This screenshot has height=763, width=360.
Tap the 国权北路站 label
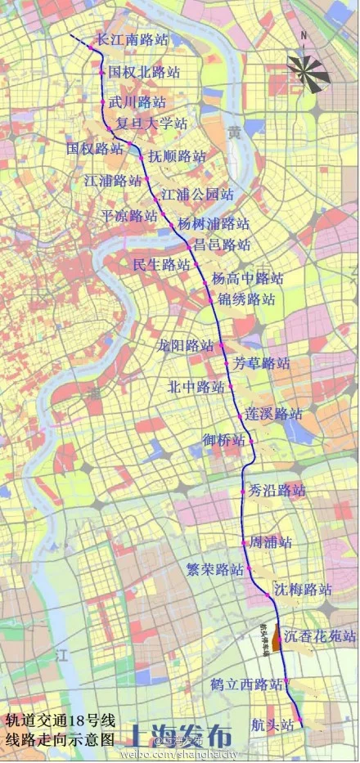click(144, 73)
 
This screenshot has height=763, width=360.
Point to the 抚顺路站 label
click(177, 156)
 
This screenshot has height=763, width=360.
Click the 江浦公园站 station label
click(197, 195)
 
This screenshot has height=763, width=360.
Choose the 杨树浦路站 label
click(214, 223)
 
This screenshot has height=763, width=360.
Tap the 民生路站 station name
click(161, 265)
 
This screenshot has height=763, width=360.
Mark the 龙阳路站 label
click(186, 345)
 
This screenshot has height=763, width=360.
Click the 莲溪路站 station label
click(274, 414)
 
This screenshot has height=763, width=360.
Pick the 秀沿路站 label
click(277, 491)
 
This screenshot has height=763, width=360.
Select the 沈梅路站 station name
click(303, 590)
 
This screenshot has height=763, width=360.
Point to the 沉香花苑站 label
click(320, 635)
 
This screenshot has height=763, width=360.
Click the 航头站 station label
click(273, 725)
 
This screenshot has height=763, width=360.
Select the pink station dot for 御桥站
click(252, 442)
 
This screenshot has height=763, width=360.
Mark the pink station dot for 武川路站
click(103, 102)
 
